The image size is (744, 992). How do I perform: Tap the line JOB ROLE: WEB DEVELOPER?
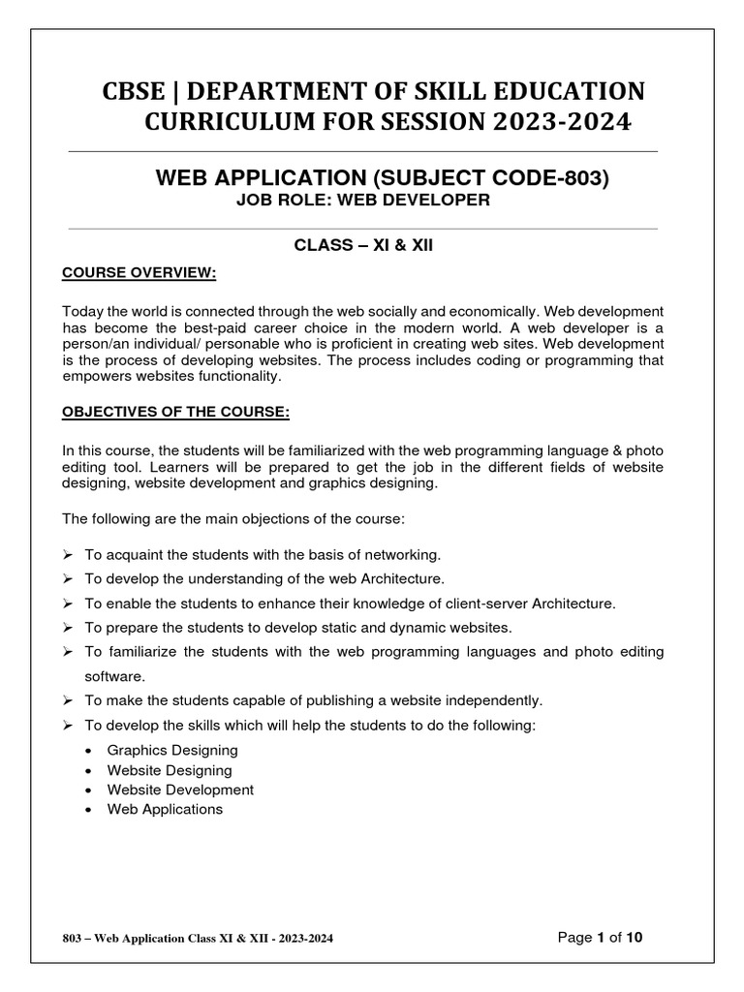[363, 201]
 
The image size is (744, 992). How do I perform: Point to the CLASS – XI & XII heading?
[363, 245]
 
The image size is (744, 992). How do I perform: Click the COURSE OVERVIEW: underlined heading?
[139, 274]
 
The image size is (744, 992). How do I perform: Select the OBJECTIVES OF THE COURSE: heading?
[175, 412]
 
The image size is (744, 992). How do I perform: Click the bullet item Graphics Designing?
[172, 750]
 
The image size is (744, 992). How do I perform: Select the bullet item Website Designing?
[170, 770]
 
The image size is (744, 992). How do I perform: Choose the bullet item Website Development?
[180, 790]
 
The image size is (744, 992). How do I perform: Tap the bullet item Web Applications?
[165, 809]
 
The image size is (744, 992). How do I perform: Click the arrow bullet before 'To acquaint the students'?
[68, 555]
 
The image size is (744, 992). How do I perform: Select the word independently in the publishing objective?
[494, 699]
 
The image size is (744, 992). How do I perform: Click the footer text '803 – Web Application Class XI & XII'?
[170, 939]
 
